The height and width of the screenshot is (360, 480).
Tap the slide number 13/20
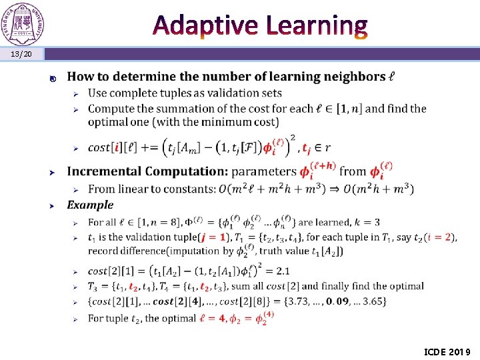pos(21,53)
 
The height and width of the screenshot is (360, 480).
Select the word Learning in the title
pos(316,25)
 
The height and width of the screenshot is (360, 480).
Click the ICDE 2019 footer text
pos(447,351)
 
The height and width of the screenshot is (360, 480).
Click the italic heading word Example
pos(90,205)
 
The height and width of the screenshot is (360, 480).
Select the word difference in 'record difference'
pos(145,251)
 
